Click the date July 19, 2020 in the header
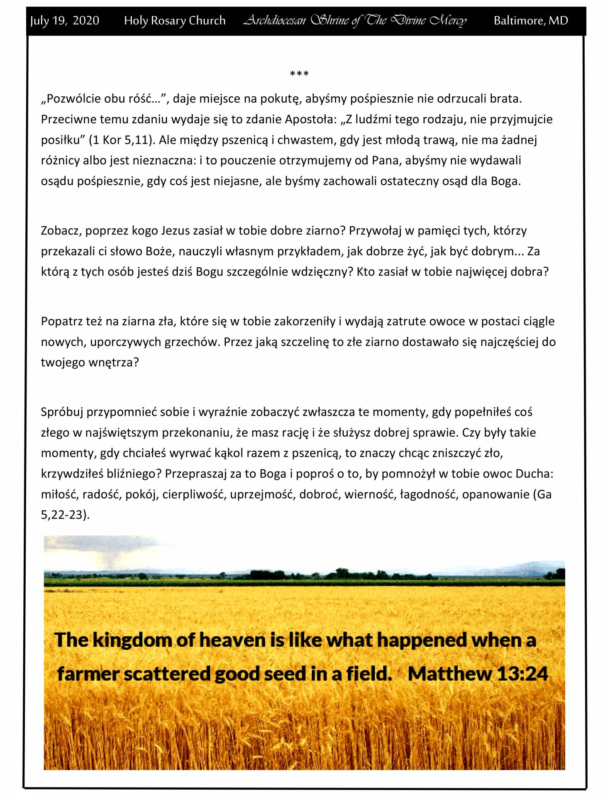pyautogui.click(x=65, y=21)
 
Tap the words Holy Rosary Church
pyautogui.click(x=175, y=21)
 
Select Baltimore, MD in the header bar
pyautogui.click(x=530, y=21)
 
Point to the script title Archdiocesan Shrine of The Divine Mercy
pyautogui.click(x=355, y=21)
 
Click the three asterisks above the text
pyautogui.click(x=299, y=74)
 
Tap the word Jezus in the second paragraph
pyautogui.click(x=176, y=231)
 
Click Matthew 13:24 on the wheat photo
pyautogui.click(x=478, y=673)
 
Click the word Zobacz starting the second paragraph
pyautogui.click(x=61, y=231)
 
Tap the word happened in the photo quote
pyautogui.click(x=422, y=640)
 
